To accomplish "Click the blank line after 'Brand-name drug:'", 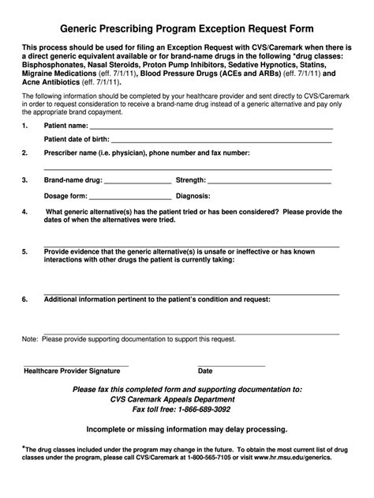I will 125,182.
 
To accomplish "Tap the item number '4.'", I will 25,212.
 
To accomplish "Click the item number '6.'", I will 25,300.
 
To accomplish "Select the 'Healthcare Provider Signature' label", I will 72,370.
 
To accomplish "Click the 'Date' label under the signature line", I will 205,370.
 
